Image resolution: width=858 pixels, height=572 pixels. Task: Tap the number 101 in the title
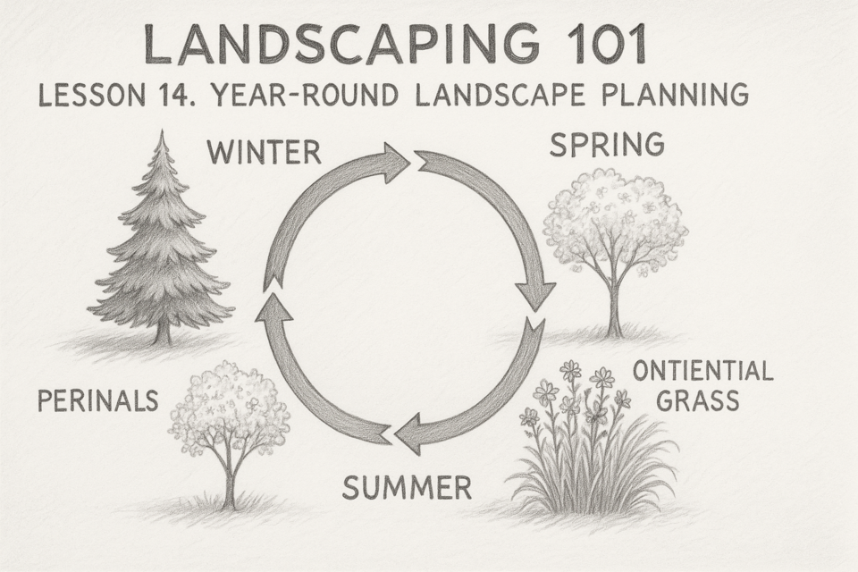click(608, 45)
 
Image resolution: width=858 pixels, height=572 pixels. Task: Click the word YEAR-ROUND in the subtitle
click(305, 96)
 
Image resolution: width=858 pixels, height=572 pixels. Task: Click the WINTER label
click(265, 152)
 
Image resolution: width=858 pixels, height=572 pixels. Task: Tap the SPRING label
click(607, 145)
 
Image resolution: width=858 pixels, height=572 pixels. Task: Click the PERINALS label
click(98, 400)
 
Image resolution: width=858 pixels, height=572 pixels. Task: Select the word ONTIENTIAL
click(702, 371)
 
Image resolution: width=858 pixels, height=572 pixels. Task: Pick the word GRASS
click(698, 400)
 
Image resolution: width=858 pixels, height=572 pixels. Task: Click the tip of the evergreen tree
click(161, 130)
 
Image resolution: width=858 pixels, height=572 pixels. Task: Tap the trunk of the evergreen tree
click(163, 331)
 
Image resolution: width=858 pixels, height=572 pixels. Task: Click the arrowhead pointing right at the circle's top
click(395, 162)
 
